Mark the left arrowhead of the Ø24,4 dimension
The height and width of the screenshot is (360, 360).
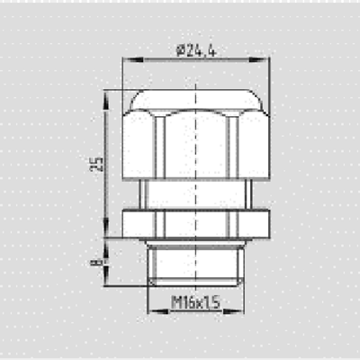click(x=127, y=60)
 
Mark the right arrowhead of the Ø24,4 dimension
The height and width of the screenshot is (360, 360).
click(x=265, y=60)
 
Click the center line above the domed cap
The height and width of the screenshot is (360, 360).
click(x=196, y=76)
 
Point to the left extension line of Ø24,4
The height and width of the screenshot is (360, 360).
click(x=122, y=76)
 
